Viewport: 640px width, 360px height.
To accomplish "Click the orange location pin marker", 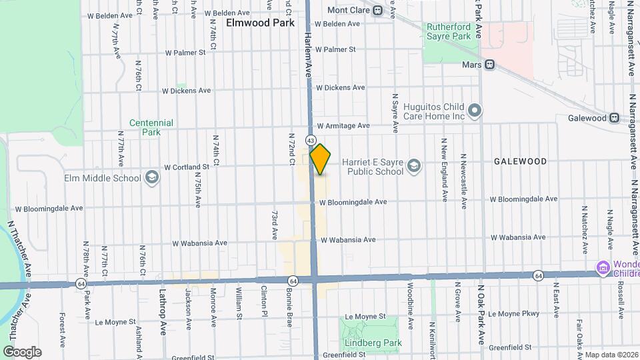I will tap(320, 159).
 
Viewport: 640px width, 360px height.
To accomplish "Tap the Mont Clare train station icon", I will tap(377, 10).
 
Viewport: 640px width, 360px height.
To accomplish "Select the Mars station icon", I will tap(489, 65).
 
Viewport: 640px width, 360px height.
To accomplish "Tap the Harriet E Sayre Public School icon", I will tap(413, 165).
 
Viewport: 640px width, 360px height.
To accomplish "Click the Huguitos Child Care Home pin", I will tap(475, 110).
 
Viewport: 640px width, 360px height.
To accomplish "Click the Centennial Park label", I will tap(151, 127).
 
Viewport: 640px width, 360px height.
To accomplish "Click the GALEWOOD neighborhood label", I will tap(520, 161).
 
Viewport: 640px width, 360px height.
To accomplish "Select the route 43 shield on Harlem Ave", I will tap(311, 140).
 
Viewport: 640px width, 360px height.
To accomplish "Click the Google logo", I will tap(22, 351).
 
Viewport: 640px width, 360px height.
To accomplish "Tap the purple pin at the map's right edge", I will tap(603, 269).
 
